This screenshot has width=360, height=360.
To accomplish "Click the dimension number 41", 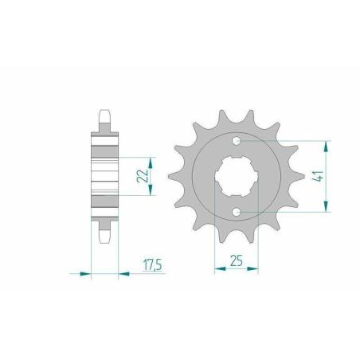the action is (x=318, y=176).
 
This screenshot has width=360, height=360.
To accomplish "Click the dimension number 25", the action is (x=237, y=260).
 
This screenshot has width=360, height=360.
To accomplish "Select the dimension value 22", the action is (x=143, y=175).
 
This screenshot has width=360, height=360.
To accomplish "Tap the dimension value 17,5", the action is (x=152, y=265).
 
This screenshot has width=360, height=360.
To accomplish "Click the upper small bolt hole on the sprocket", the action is (x=237, y=141).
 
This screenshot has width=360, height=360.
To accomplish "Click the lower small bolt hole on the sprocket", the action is (x=237, y=212).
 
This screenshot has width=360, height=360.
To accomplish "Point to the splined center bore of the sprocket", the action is (x=237, y=176).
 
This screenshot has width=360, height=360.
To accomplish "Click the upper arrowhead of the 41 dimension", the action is (x=327, y=147).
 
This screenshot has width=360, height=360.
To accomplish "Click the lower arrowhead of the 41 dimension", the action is (x=327, y=206).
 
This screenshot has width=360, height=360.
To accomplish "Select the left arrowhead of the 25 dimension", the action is (x=220, y=269).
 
